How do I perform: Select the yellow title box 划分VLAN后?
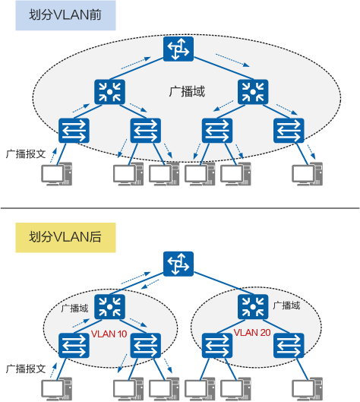[x=65, y=237]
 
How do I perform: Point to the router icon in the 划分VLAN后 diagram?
[x=179, y=265]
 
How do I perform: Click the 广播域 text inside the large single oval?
[x=187, y=92]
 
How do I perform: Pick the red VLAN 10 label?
[x=109, y=334]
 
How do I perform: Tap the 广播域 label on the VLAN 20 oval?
[x=286, y=305]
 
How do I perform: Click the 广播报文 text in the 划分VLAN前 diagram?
[x=26, y=153]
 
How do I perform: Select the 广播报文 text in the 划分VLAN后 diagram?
[x=26, y=368]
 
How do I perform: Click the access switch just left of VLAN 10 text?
[x=74, y=346]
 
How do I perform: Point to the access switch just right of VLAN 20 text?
[x=288, y=346]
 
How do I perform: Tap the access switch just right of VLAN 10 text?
[x=146, y=346]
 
